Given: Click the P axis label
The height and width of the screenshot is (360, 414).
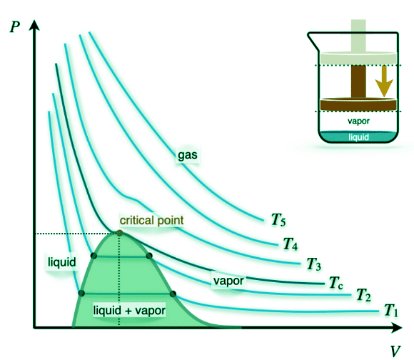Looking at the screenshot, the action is pos(15,26).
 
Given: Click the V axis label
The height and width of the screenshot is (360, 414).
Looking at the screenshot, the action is pos(395,351).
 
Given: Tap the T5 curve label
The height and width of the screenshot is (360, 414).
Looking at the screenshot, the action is pos(278,220).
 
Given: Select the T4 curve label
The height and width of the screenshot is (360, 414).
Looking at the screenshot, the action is pos(291,244).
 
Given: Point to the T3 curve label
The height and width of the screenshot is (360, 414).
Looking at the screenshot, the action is pos(313,264).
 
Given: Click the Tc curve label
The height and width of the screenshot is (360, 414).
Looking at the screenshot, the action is pos(336,283).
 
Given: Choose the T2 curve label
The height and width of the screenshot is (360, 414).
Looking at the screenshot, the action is pos(363,295).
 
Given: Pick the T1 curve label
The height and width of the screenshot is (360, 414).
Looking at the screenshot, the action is pos(390,310).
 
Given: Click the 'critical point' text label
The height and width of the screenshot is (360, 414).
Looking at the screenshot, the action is pos(151,220).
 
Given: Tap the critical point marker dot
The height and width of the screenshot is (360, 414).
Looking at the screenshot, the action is pos(120,233).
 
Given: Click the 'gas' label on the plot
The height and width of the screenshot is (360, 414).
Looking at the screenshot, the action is pos(188,155).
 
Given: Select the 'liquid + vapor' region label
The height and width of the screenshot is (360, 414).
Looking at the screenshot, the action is pos(129,310).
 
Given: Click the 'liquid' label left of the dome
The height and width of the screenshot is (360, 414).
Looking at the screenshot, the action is pos(62,262).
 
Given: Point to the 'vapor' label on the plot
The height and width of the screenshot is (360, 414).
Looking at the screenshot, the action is pos(228,281).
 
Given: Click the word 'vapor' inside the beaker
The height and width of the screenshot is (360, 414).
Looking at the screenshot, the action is pos(358,121).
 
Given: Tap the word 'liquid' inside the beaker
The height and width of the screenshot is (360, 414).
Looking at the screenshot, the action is pos(358,137).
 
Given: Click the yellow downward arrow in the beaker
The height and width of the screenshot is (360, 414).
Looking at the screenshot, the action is pos(384,81).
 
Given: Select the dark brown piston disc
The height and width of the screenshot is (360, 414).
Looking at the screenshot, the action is pos(358,104).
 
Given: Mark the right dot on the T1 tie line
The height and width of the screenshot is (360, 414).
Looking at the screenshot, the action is pos(173,294).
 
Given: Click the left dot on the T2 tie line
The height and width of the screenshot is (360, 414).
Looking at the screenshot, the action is pos(94,256).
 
